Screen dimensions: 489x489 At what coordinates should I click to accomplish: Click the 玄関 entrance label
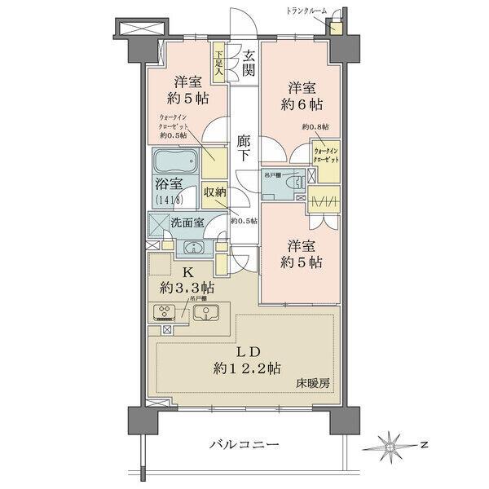point(248,64)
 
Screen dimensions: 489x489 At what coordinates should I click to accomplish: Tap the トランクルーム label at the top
point(306,10)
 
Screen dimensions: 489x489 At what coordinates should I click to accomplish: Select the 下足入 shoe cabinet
point(218,64)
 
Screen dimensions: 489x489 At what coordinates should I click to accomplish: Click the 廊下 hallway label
point(243,147)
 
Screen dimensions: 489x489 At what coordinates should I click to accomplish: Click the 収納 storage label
point(214,193)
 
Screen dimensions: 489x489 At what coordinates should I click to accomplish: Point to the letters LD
point(249,352)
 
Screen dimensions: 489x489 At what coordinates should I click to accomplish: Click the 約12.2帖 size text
point(249,368)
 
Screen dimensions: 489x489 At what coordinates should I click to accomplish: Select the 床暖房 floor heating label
point(314,381)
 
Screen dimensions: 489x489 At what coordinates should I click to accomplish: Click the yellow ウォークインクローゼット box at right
point(324,155)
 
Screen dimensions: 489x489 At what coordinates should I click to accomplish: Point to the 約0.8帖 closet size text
point(315,127)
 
